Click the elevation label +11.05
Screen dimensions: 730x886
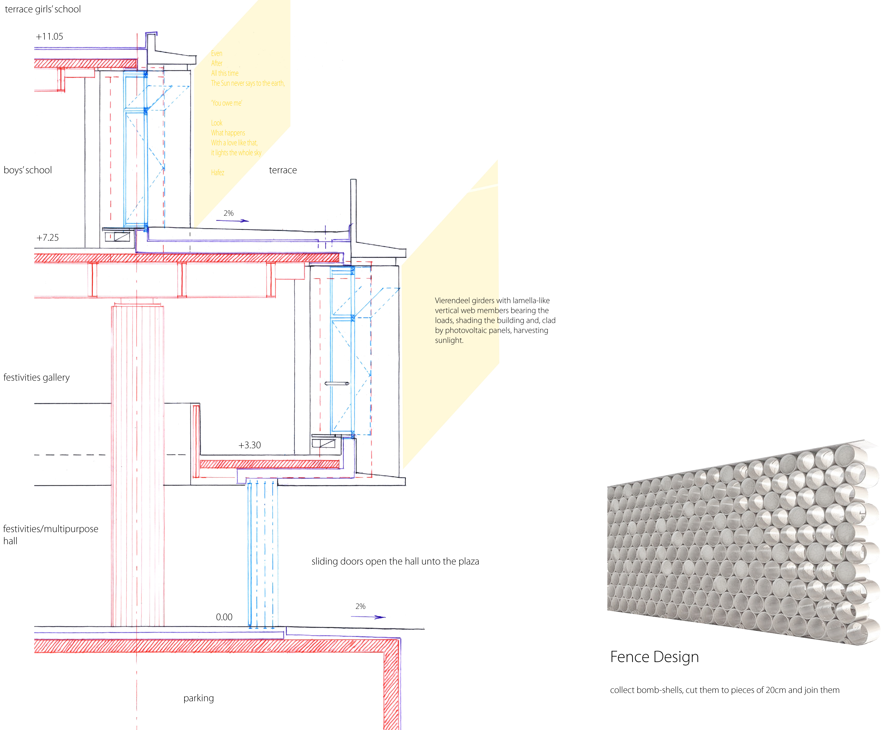point(50,37)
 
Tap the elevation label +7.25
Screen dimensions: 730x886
point(47,238)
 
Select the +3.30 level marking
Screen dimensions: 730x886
point(250,445)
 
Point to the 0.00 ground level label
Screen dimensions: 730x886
point(224,617)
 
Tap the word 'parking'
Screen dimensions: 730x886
point(198,698)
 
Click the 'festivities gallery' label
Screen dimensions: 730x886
point(37,377)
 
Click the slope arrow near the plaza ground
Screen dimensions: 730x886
point(368,617)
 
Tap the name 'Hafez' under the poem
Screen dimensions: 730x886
point(218,172)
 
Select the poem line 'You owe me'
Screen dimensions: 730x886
point(227,103)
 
